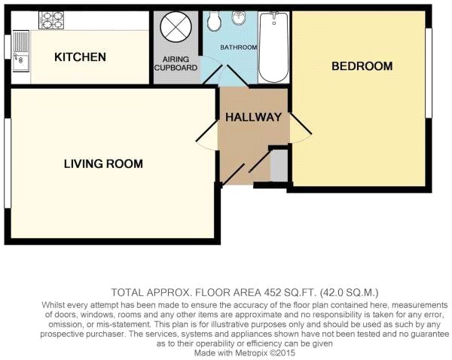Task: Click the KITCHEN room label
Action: click(x=80, y=57)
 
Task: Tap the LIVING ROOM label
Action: click(x=103, y=163)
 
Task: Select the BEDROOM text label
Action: click(x=362, y=66)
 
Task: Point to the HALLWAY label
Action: click(x=253, y=117)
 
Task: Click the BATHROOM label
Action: click(x=239, y=47)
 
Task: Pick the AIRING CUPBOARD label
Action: click(x=176, y=63)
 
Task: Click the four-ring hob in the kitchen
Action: click(x=51, y=20)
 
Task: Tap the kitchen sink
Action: click(x=21, y=51)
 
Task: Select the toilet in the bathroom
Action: click(x=214, y=21)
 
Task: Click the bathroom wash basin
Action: click(x=239, y=18)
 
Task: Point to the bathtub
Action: click(x=273, y=47)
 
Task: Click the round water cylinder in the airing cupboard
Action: click(x=176, y=27)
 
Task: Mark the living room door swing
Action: click(x=206, y=136)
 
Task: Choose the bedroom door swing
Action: click(x=301, y=128)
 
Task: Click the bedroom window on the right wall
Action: click(x=429, y=73)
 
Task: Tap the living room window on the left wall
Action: click(x=8, y=163)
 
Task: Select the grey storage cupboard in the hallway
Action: click(x=279, y=166)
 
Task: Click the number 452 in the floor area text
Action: click(x=273, y=292)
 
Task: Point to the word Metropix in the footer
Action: click(x=252, y=352)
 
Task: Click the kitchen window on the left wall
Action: click(x=8, y=47)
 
